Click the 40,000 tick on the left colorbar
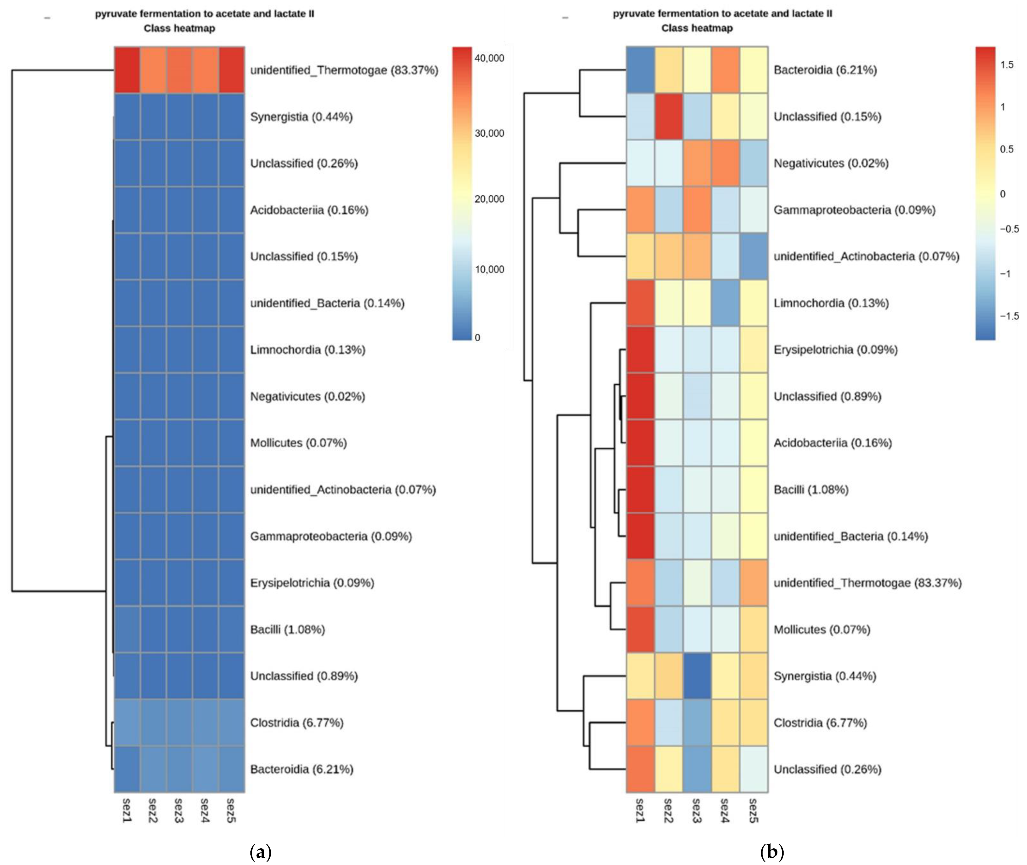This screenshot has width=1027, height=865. [x=489, y=58]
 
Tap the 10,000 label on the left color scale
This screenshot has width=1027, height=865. [x=489, y=269]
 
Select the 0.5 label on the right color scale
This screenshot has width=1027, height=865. [x=1006, y=149]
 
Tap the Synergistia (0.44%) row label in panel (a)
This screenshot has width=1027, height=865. [x=301, y=117]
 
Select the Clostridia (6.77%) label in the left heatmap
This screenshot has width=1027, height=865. [x=297, y=722]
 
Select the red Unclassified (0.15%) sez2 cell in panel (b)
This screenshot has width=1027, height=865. [x=669, y=117]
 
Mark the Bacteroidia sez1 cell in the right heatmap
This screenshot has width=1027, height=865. [x=640, y=70]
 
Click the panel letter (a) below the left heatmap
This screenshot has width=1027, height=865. [x=260, y=852]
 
